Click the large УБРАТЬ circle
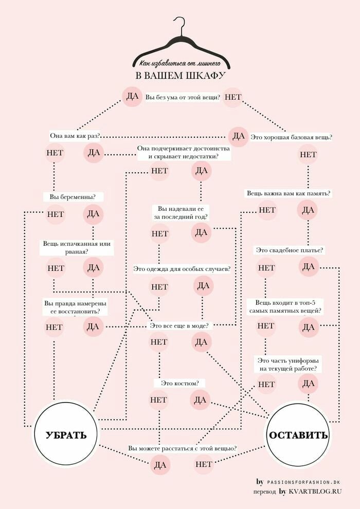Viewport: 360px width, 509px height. (x=66, y=434)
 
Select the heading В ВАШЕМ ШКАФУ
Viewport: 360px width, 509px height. (x=181, y=76)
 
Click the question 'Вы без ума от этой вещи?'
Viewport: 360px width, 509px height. (x=183, y=97)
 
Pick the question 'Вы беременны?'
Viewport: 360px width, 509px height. (x=73, y=196)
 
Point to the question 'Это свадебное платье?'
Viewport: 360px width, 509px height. (x=289, y=250)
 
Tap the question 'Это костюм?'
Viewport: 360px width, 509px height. (x=179, y=383)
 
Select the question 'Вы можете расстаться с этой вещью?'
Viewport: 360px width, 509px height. (x=182, y=448)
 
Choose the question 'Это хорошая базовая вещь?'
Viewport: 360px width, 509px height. (x=291, y=138)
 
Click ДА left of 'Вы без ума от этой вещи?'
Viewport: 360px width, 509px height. (x=132, y=97)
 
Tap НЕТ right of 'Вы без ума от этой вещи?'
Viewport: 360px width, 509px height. (x=233, y=97)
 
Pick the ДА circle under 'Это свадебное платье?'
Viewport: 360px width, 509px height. (x=308, y=266)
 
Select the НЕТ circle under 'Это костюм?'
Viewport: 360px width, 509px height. (x=158, y=399)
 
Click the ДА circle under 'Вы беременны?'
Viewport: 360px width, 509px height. (x=93, y=214)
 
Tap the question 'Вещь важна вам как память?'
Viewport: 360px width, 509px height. (x=288, y=194)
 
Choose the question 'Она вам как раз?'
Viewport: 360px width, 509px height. (x=74, y=136)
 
